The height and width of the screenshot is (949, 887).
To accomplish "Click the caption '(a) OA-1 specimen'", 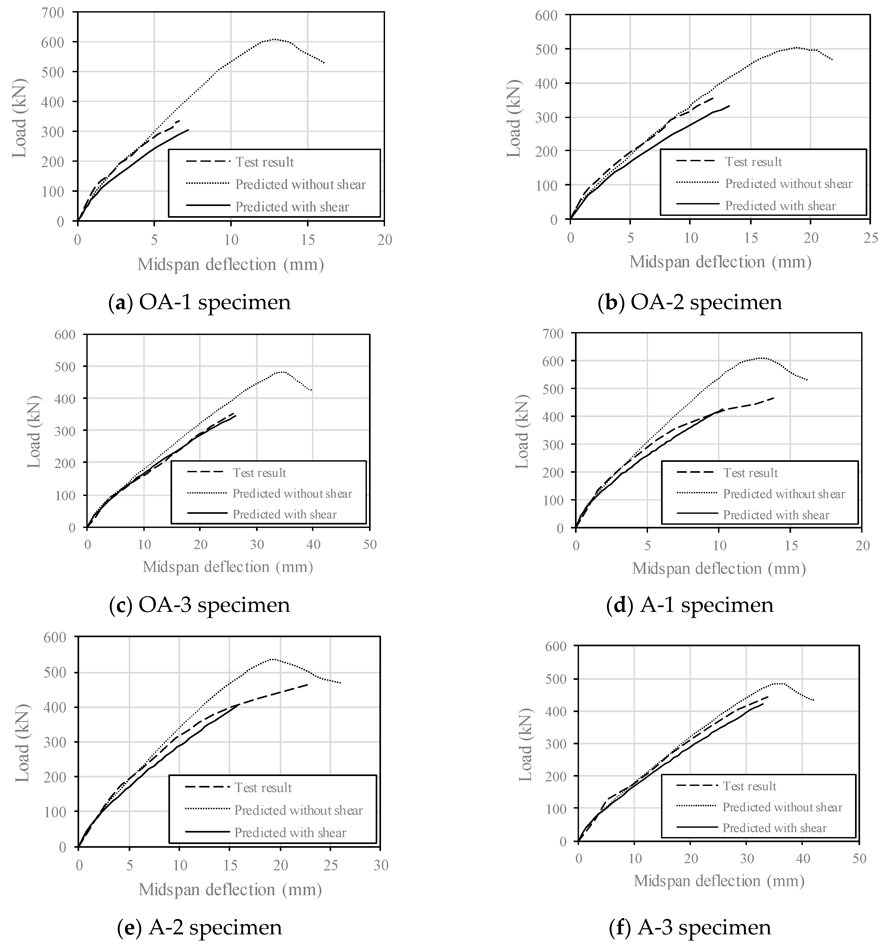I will pos(200,303).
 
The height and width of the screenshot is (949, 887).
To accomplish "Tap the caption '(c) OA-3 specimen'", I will pos(200,605).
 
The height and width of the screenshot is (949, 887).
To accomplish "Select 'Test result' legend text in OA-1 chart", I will pos(265,162).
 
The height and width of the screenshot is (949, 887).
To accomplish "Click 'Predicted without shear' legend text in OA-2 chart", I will pos(789,184).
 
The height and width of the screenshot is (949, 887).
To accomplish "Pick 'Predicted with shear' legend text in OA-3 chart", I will pos(285,514).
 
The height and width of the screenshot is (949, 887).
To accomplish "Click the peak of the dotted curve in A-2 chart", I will pos(272,659).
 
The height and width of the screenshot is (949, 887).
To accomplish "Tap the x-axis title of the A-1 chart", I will pos(719,568).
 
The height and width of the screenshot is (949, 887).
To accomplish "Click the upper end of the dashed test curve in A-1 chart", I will pos(774,398).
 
